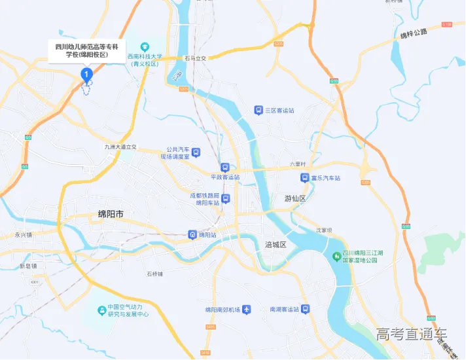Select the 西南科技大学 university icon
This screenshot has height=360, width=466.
[145, 45]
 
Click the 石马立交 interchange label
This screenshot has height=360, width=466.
[195, 58]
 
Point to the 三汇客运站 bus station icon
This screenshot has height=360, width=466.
[259, 110]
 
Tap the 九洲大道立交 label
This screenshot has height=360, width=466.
[120, 147]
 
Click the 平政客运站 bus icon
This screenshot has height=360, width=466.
[225, 168]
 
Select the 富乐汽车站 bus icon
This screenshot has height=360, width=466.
[304, 177]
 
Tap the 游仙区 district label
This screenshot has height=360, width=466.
[295, 198]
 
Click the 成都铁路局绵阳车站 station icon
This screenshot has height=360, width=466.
[225, 198]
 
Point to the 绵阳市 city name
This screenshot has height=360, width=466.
[111, 214]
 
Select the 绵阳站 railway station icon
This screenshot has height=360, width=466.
[192, 234]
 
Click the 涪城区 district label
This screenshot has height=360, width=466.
[276, 244]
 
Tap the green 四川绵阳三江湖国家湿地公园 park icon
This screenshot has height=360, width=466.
[336, 255]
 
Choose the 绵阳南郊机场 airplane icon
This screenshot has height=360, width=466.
[246, 309]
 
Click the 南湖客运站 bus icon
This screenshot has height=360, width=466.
[304, 309]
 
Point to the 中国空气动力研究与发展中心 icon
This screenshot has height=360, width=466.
[101, 310]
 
